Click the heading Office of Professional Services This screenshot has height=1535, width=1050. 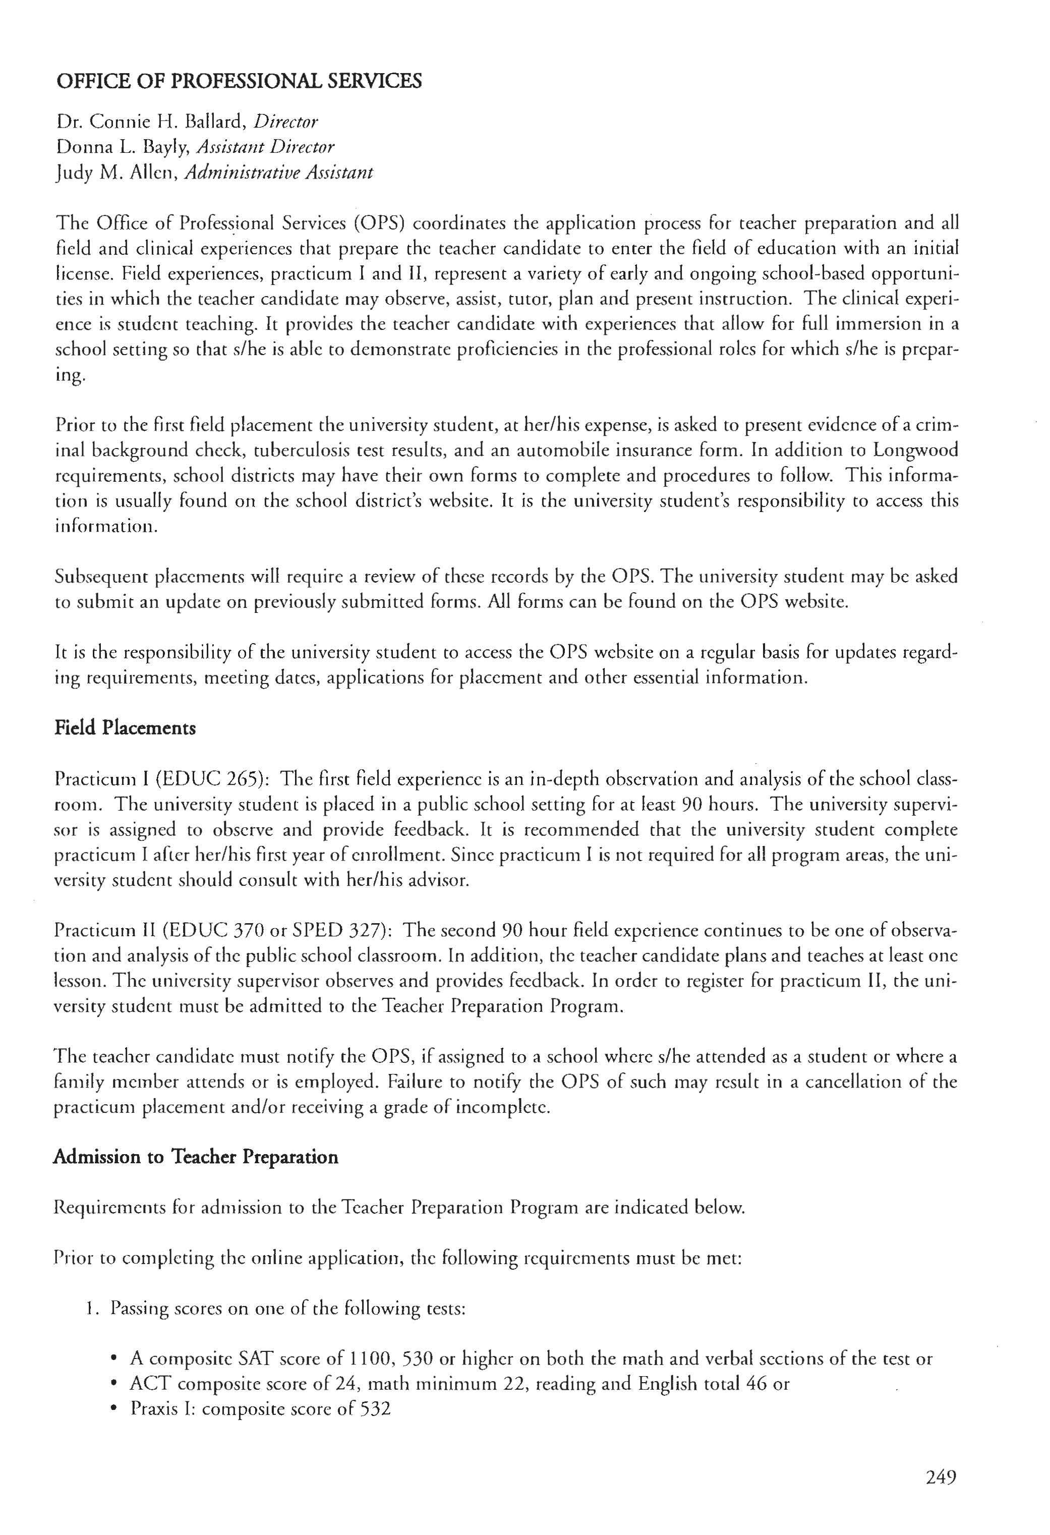[x=239, y=81]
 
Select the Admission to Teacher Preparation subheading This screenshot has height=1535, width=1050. [x=196, y=1157]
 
